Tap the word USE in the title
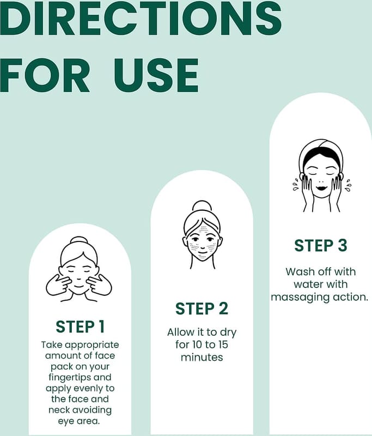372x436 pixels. click(156, 75)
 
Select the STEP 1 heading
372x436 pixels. click(80, 326)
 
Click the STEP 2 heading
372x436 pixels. click(202, 308)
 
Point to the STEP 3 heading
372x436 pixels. click(321, 246)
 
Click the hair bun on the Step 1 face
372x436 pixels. click(79, 241)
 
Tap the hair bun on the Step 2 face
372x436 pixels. click(202, 206)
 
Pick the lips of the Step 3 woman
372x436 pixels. click(321, 187)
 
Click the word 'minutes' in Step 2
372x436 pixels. click(202, 357)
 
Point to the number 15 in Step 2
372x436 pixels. click(222, 344)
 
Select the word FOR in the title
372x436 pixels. click(45, 75)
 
